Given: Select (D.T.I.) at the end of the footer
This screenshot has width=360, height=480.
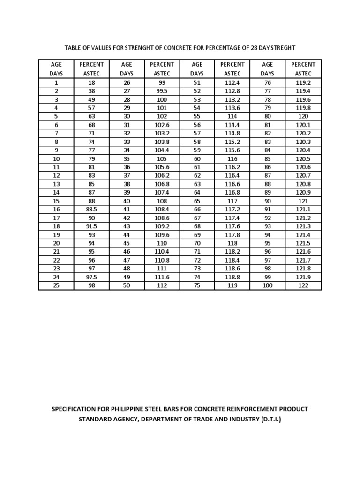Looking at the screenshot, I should [270, 420].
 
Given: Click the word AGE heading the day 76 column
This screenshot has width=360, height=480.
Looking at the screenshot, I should [267, 64].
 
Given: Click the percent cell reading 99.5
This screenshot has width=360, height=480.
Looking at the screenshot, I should [162, 91].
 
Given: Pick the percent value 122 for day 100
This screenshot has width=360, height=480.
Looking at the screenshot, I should [303, 285].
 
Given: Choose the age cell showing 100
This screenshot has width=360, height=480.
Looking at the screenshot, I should [267, 285].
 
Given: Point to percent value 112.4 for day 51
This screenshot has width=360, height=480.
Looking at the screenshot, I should [232, 82].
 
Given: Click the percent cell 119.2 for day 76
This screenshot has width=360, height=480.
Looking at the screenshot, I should [303, 82].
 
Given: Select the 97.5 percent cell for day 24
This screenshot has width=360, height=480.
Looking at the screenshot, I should [91, 277].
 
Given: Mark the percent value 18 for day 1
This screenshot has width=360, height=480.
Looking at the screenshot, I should [91, 82].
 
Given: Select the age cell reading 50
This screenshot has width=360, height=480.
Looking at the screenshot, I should [127, 285].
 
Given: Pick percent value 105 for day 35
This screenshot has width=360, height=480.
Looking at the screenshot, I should [162, 158].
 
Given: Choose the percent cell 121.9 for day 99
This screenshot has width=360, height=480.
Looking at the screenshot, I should [303, 277].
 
